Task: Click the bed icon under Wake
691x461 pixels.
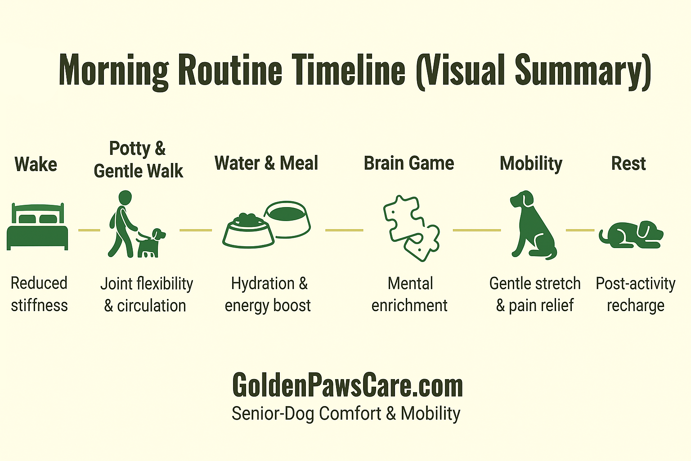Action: point(37,226)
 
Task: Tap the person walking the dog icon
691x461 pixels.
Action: point(134,225)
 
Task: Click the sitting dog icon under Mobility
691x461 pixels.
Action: point(532,225)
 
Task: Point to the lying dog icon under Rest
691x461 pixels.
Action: point(631,235)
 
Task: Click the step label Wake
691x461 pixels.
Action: point(36,164)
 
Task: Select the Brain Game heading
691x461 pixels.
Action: point(408,163)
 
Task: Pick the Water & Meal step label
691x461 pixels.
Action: point(266,163)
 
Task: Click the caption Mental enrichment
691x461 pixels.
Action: point(409,294)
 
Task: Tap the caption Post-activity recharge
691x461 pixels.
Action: point(635,294)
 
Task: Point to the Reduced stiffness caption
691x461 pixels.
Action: point(39,294)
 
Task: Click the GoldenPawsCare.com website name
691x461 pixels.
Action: point(347,385)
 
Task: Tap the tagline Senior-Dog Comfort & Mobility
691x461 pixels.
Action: point(346,413)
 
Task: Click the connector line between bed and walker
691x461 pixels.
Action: point(89,230)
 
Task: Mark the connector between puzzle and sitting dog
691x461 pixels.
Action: point(476,230)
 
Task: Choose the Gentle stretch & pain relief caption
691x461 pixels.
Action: point(534,294)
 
